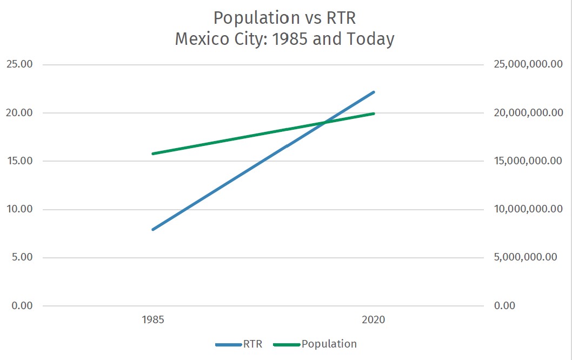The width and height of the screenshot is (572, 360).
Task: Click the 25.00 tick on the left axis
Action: click(19, 64)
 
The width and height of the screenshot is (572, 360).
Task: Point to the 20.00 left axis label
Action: click(19, 113)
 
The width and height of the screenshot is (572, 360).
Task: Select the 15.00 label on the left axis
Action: click(19, 161)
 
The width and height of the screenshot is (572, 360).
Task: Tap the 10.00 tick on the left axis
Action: click(19, 209)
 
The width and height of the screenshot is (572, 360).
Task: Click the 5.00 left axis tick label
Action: click(22, 257)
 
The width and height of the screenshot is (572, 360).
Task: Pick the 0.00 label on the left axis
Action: click(22, 305)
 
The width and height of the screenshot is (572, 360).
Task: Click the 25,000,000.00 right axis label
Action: click(529, 64)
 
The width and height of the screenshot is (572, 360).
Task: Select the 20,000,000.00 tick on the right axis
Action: click(529, 113)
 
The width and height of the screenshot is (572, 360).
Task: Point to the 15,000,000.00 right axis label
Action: click(529, 161)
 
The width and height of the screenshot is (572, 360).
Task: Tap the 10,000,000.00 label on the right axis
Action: click(529, 209)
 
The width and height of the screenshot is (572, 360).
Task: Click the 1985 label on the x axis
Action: click(154, 319)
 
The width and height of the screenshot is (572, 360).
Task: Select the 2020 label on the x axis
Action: click(374, 319)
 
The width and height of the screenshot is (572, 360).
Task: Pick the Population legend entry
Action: click(329, 344)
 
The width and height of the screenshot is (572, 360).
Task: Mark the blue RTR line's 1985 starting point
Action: click(154, 229)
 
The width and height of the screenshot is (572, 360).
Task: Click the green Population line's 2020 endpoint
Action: click(374, 114)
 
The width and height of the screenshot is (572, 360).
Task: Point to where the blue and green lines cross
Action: click(324, 123)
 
